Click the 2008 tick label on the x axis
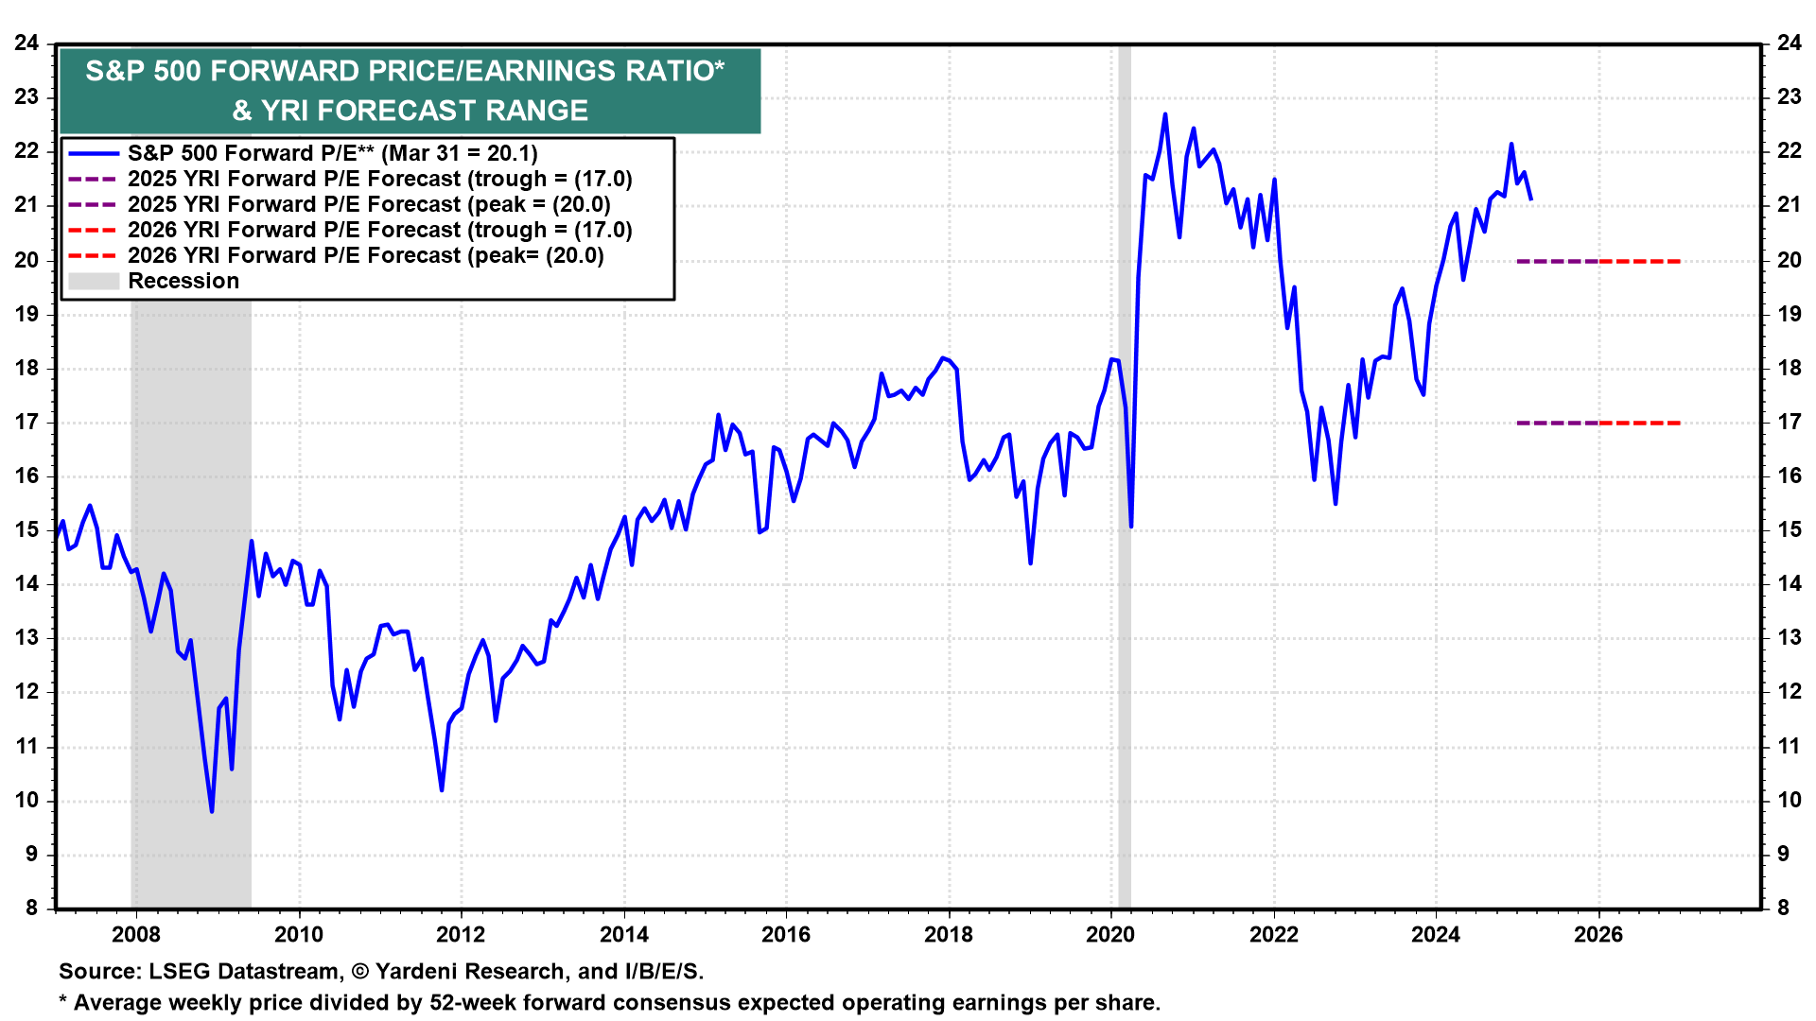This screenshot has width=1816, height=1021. (136, 935)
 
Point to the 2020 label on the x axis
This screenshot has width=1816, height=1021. (1110, 935)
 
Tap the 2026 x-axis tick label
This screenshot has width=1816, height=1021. (1598, 935)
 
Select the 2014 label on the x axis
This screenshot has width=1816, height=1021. (624, 935)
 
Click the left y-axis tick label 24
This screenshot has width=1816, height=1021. (26, 43)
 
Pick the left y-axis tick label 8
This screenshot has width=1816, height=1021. (32, 908)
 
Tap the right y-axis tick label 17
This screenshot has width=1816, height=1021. (1789, 423)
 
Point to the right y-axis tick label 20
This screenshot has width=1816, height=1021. (1789, 261)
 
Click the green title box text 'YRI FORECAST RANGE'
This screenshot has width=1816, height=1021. (424, 111)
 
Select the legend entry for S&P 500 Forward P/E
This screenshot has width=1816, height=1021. (332, 153)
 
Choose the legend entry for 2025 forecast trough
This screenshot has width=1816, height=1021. (379, 179)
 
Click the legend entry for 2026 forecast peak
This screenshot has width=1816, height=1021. (365, 255)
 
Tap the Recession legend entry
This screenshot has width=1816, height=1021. (183, 281)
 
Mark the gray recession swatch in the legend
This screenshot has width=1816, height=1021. (94, 281)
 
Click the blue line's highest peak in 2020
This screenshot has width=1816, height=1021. (1164, 114)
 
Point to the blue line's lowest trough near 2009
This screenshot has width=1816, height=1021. (212, 811)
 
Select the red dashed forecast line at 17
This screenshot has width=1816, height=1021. (1640, 423)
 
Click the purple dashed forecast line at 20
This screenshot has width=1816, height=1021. (1557, 261)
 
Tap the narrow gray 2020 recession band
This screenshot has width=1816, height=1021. (1125, 662)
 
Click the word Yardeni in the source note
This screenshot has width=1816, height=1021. (420, 972)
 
